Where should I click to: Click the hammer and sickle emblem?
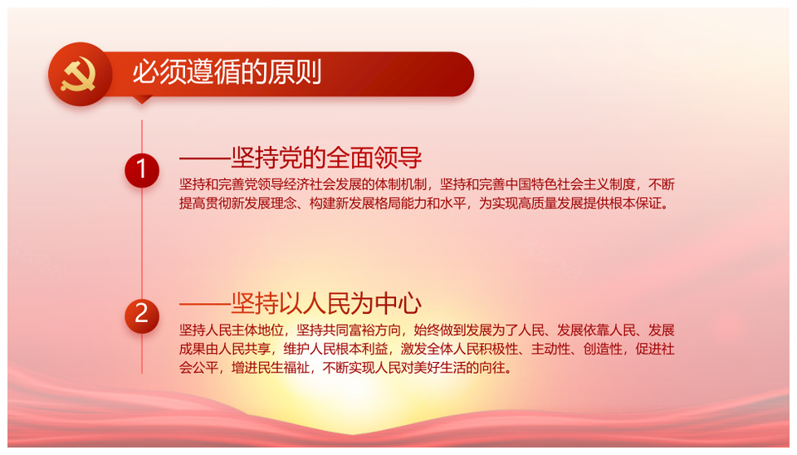click(x=78, y=74)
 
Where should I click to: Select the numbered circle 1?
click(x=142, y=170)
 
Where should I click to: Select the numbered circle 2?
click(x=142, y=316)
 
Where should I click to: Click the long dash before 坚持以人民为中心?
click(x=205, y=305)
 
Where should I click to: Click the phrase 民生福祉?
click(x=283, y=367)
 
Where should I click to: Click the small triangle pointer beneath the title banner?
click(x=142, y=100)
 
